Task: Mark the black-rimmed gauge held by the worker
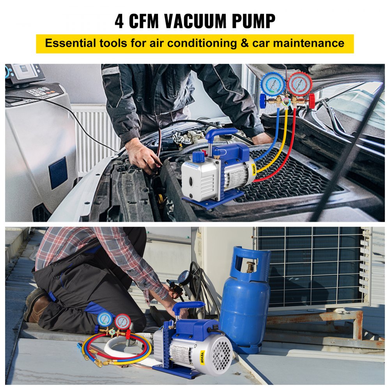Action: click(184, 278)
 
